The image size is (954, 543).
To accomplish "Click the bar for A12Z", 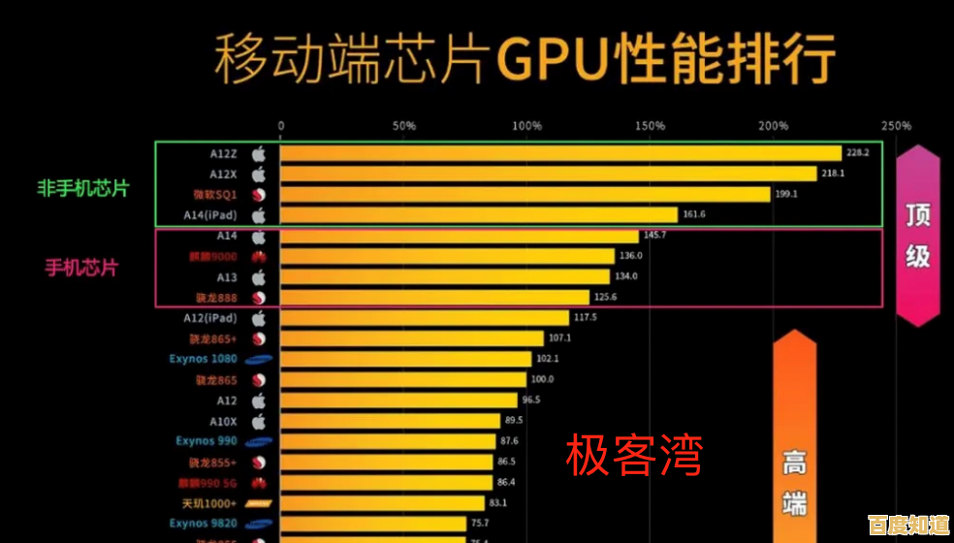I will click(x=560, y=153).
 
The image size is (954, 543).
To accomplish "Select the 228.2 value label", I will click(x=857, y=153).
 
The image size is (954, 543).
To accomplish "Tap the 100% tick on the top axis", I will click(x=526, y=126).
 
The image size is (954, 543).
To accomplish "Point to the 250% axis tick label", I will click(x=896, y=126).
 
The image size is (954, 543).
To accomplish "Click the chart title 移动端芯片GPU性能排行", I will click(x=525, y=60).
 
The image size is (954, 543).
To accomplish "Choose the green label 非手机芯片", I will click(x=83, y=188).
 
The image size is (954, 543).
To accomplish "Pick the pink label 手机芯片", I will click(x=81, y=268).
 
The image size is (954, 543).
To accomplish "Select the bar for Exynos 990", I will click(x=388, y=441).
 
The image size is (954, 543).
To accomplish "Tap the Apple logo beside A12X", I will click(x=259, y=175).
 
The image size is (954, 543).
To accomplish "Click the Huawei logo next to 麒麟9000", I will click(x=259, y=257).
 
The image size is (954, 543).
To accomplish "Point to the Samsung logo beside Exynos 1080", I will click(x=259, y=360).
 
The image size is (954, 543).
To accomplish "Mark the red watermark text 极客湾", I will click(x=634, y=456).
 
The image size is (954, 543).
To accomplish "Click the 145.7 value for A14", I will click(x=656, y=236).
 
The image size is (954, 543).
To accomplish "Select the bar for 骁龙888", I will click(x=434, y=298).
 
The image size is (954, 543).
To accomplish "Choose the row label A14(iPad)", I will click(x=209, y=215).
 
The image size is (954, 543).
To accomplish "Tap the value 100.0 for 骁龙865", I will click(x=543, y=379).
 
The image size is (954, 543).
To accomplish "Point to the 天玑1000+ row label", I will click(x=208, y=503).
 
